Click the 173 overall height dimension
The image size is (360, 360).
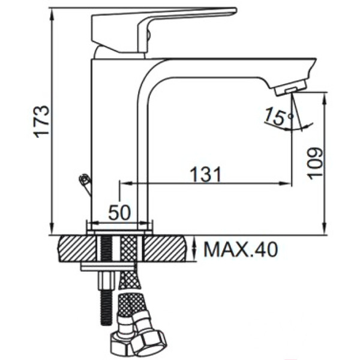42,122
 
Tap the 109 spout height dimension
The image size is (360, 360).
315,164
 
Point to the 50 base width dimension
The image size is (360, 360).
119,212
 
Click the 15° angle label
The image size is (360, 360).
279,116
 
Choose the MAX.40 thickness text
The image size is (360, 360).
241,250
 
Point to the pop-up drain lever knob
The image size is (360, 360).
83,179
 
